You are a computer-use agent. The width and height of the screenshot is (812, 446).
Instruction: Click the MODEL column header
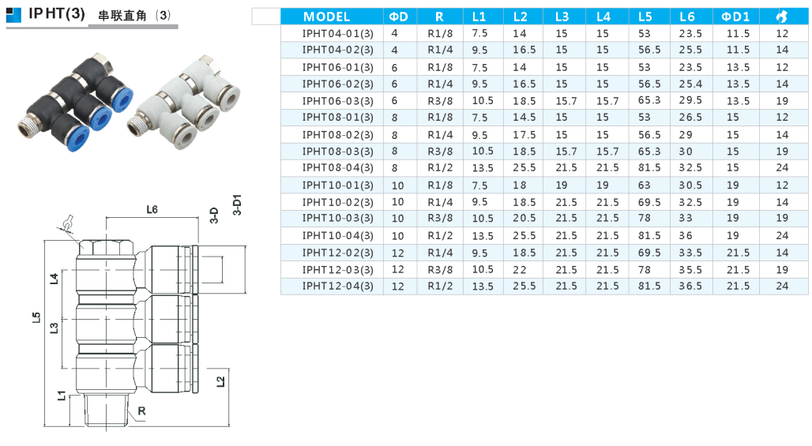(x=326, y=17)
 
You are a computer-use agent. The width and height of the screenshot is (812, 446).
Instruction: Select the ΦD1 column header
(x=735, y=17)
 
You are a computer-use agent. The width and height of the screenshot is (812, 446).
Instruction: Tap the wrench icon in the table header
(x=782, y=17)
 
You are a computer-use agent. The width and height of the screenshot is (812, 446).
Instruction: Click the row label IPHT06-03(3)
(x=337, y=101)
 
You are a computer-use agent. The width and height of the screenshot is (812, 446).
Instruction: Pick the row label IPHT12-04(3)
(x=337, y=286)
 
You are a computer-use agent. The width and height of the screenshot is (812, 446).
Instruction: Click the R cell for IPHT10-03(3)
(x=440, y=219)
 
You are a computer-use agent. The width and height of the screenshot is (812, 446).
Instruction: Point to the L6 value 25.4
(x=690, y=84)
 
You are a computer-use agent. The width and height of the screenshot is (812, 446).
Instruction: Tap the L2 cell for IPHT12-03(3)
(x=520, y=269)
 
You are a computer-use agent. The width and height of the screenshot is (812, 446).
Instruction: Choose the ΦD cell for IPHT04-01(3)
(x=395, y=34)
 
